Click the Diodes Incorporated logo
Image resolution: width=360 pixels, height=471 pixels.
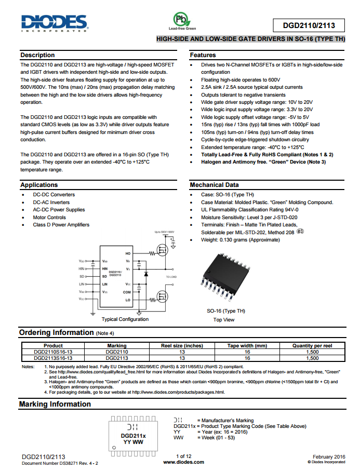[x=54, y=22]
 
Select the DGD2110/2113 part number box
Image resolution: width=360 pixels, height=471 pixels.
[x=309, y=25]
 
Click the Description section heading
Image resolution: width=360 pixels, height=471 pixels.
[x=37, y=55]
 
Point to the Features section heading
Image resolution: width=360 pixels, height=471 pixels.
[x=203, y=55]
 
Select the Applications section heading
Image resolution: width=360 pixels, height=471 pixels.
[x=39, y=185]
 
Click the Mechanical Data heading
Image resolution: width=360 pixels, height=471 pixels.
[x=214, y=185]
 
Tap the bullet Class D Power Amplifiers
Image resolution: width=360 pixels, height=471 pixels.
[x=61, y=225]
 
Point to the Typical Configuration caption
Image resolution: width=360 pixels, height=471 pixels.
[x=125, y=319]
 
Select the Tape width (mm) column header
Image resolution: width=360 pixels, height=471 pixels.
[x=247, y=345]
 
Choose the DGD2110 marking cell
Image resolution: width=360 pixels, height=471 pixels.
[x=116, y=352]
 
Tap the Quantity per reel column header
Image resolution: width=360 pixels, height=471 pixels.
[x=312, y=345]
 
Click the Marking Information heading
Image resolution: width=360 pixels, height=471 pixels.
[x=55, y=404]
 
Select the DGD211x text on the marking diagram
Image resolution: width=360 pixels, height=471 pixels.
[x=133, y=436]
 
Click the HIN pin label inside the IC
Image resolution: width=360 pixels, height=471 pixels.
[x=105, y=268]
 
